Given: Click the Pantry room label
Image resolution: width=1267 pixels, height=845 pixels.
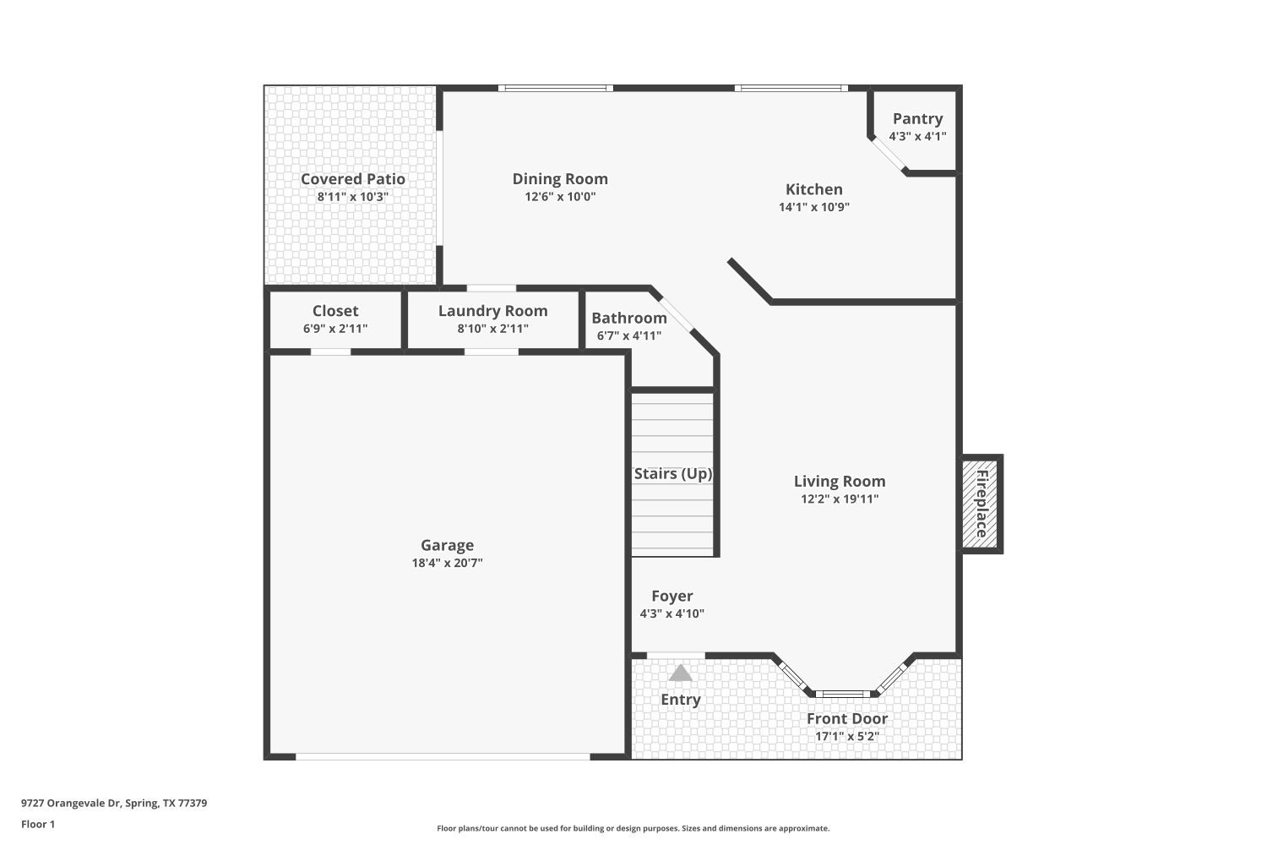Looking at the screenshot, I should tap(917, 119).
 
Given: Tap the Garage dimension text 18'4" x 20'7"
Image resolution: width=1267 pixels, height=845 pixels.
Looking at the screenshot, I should tap(447, 564).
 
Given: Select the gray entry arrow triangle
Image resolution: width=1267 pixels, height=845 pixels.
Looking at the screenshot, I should tap(681, 673).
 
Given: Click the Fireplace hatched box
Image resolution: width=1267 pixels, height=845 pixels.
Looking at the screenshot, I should tap(980, 504).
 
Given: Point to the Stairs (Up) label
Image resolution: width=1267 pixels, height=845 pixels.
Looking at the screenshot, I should tap(673, 474).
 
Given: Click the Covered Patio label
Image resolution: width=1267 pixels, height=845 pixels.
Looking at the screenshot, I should tap(353, 179).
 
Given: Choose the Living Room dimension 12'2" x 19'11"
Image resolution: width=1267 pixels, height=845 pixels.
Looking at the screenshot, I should tap(840, 499).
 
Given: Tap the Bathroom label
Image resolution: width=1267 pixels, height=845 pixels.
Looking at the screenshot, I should tap(629, 319).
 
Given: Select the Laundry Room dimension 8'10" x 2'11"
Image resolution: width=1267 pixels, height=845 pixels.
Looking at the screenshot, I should tap(492, 329).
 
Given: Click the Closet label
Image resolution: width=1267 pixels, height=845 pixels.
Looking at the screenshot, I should tap(335, 311).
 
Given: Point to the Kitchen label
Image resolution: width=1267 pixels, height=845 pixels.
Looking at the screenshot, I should tap(814, 189).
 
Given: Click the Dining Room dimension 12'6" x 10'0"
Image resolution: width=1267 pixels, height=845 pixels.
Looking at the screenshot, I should tap(560, 197).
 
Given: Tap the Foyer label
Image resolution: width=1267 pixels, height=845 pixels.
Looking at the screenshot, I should tap(672, 597).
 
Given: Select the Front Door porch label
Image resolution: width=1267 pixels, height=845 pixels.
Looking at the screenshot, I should tap(846, 719).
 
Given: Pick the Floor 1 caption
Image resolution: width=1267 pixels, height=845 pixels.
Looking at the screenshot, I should tap(38, 825).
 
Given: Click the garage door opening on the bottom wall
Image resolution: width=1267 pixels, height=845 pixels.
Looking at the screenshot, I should tap(443, 756).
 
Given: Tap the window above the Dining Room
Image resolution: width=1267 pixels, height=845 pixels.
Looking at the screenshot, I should tap(555, 88).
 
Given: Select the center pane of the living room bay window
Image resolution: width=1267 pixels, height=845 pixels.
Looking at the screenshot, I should tap(842, 694).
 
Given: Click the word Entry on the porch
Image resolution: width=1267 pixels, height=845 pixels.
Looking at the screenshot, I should tap(681, 700).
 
